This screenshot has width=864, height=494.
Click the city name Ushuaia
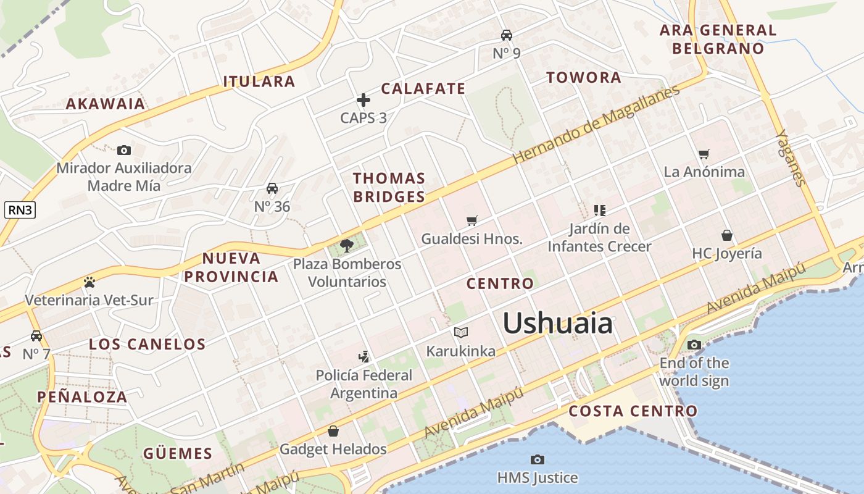pos(557,324)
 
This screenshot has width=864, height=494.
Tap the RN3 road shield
pos(20,210)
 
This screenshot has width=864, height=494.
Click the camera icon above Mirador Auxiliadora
pos(124,150)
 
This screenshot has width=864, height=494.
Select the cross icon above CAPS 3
pos(363,100)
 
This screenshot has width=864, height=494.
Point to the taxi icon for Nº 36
pos(272,188)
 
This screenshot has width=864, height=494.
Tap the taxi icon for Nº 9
pos(507,35)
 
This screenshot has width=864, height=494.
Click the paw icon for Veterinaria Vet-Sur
pos(89,282)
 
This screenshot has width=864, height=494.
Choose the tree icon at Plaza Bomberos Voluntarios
pos(347,246)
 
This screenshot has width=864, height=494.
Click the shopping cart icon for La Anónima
pos(704,154)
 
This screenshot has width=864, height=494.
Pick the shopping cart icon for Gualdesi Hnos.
pos(472,220)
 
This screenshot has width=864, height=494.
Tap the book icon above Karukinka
pos(461,333)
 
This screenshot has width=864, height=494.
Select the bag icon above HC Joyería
pos(727,235)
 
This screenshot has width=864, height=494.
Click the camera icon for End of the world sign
pos(694,345)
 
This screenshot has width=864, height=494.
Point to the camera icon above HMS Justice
pos(538,459)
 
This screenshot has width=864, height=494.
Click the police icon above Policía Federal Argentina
pos(364,356)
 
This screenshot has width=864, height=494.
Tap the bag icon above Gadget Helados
pos(333,430)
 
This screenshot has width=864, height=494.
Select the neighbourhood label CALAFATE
pos(423,88)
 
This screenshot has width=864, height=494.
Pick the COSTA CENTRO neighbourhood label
pos(633,411)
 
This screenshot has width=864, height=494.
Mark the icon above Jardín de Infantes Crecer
pos(599,211)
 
